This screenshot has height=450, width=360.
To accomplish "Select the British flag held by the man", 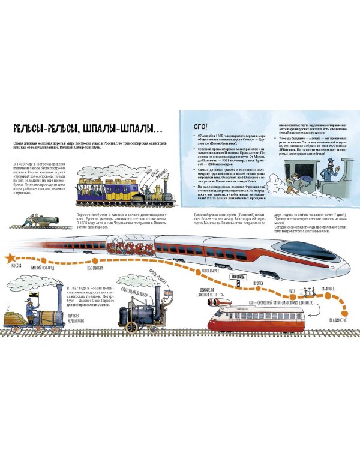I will click(170, 290).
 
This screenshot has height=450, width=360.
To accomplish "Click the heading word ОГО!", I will click(197, 126).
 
